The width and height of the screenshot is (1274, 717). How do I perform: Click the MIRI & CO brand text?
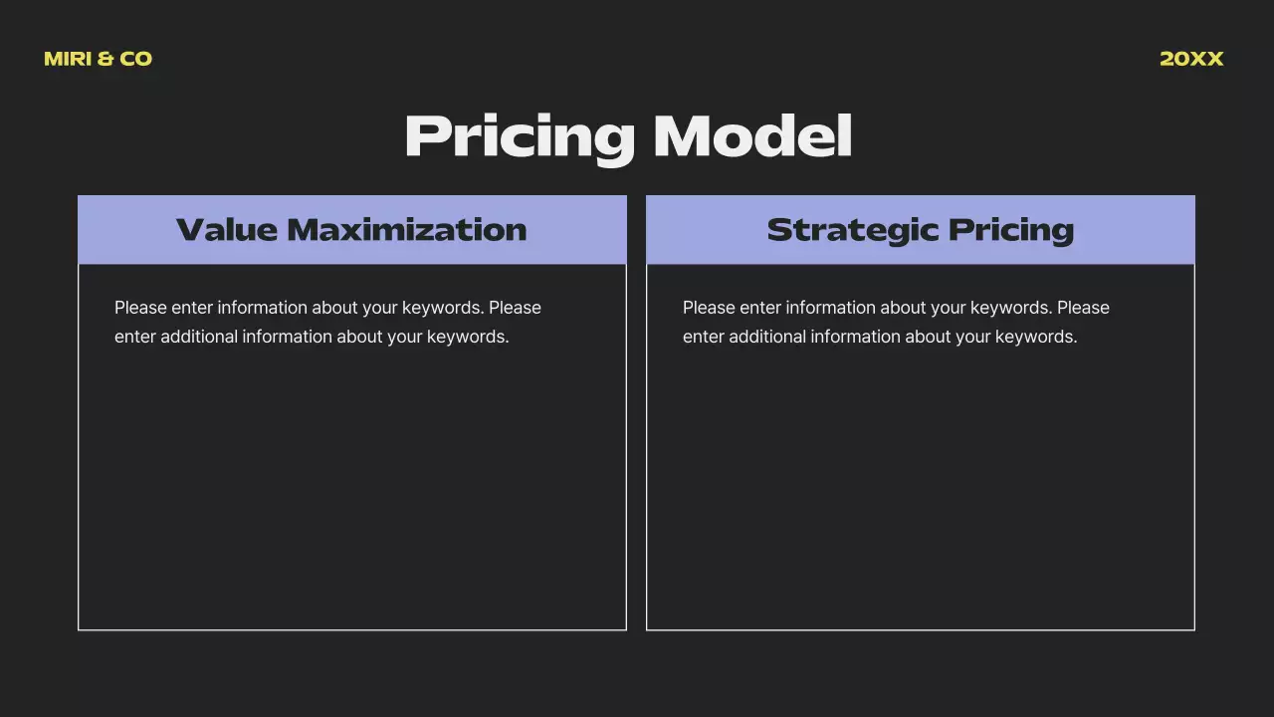(98, 59)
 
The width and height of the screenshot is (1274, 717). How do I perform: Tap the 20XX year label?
(1191, 59)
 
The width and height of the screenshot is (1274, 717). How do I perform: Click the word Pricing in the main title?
(520, 136)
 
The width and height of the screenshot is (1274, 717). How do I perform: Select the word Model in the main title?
(752, 136)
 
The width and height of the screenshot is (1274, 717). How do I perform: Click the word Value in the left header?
(226, 230)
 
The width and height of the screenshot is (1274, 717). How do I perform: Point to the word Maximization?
(407, 230)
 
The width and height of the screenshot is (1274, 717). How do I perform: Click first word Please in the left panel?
(140, 308)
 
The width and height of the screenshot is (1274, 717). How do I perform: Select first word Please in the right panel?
(709, 308)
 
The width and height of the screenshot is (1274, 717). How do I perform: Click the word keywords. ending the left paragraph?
(468, 337)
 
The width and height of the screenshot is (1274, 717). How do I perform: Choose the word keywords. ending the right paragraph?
(1036, 337)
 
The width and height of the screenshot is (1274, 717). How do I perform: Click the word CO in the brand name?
(136, 59)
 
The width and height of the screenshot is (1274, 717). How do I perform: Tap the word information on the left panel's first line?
(262, 308)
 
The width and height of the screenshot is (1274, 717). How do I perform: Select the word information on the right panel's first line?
(830, 308)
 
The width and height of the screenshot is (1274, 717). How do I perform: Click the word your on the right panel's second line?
(973, 337)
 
